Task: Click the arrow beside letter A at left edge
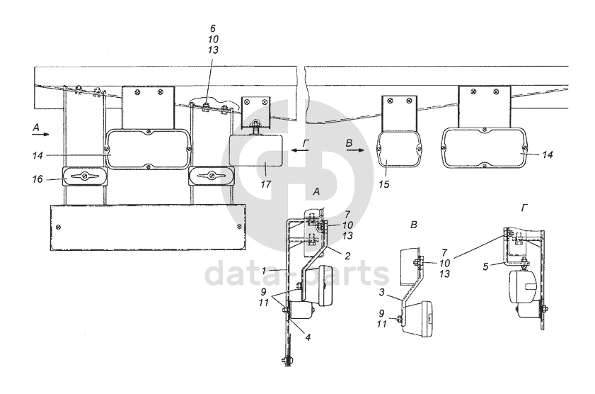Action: coord(42,133)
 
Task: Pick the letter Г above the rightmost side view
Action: coord(524,208)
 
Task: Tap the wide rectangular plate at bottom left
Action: coord(148,227)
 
